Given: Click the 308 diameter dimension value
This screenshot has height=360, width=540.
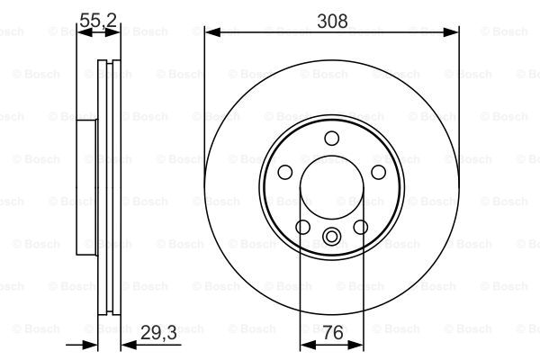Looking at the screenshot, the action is [x=332, y=22].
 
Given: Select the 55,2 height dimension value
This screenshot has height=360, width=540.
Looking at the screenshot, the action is [x=98, y=21].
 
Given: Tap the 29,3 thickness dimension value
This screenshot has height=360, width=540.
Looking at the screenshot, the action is [x=158, y=333].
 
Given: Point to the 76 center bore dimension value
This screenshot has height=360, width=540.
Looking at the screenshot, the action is [x=333, y=332].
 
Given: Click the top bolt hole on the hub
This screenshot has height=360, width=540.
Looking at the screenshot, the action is [x=331, y=138].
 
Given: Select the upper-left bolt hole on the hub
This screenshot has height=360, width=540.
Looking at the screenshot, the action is [x=285, y=172].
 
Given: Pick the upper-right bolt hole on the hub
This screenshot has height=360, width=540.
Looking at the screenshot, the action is [x=378, y=172].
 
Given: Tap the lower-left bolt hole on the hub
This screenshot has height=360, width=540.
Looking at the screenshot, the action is [x=302, y=227].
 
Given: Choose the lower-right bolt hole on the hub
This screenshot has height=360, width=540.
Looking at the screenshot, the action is [x=361, y=227].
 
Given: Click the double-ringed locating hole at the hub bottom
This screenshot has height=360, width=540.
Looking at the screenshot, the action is [x=331, y=237].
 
